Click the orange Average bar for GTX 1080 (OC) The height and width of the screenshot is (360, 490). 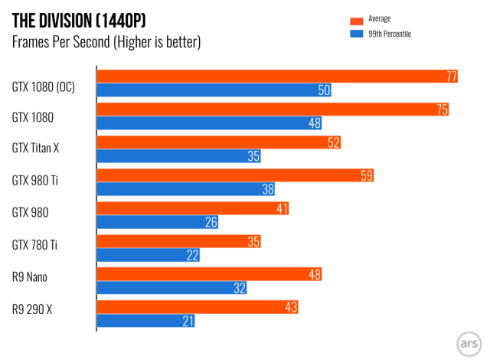pos(276,76)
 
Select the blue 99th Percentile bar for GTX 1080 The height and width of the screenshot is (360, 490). pos(208,123)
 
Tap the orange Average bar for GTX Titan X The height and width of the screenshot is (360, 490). pos(218,142)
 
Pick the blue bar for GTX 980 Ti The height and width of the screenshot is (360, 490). pos(185,189)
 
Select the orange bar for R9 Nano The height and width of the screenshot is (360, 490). pos(208,274)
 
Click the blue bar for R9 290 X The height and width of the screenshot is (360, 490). pos(145,321)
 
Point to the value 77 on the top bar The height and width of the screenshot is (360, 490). pos(451,76)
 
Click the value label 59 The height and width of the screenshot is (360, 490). pos(366,175)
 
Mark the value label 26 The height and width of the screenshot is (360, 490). pos(211,222)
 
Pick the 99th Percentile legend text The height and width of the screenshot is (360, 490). pos(389,34)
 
